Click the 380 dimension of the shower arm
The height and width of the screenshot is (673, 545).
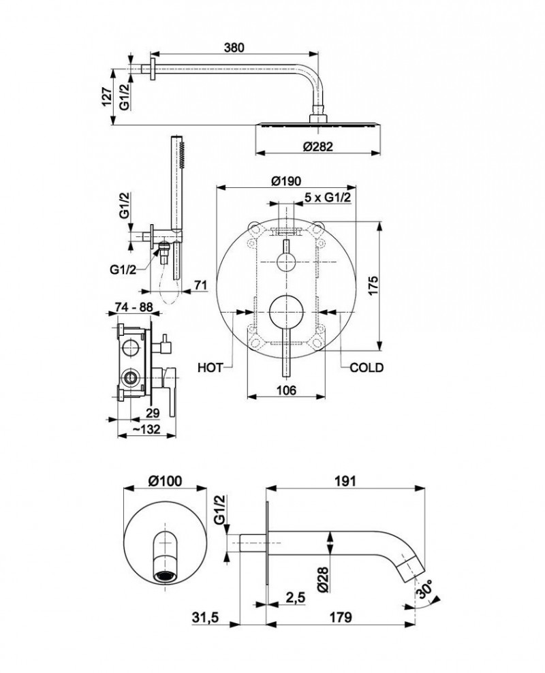click(x=234, y=47)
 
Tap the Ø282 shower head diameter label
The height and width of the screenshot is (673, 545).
click(x=318, y=146)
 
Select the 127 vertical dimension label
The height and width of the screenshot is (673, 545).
click(x=107, y=96)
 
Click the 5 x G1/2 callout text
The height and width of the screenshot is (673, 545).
click(x=328, y=198)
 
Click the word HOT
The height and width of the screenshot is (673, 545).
click(x=211, y=368)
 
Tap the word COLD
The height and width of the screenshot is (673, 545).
click(x=367, y=368)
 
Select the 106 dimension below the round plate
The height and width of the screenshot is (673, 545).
click(x=286, y=390)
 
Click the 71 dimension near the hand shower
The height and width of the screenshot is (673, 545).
click(x=200, y=285)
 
